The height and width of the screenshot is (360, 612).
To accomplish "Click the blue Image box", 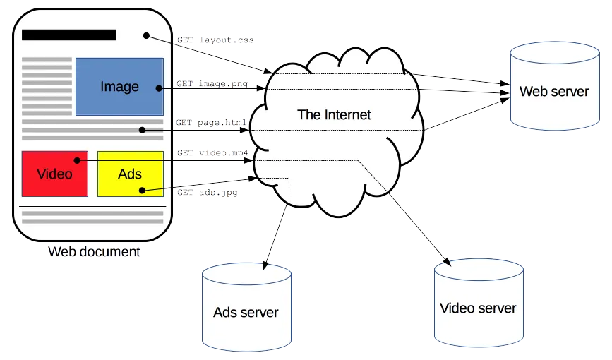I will pos(119,87).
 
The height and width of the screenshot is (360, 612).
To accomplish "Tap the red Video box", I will pos(55,174).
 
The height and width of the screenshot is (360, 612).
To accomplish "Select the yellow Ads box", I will pos(130,174).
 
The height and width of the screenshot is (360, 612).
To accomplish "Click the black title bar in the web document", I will pos(69,35).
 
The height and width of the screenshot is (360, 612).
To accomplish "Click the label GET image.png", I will pos(211,84).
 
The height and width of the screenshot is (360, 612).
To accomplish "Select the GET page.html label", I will pos(211,123).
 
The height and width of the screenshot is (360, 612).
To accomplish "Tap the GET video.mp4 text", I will pos(211,153).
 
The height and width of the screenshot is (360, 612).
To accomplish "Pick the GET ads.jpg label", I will pos(206,192).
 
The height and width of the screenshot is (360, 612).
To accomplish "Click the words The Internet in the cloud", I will pos(334,114).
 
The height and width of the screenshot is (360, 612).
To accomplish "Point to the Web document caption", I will pos(94,252).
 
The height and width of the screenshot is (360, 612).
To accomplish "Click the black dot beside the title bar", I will pos(145,35).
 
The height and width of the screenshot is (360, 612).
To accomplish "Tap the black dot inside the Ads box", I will pos(143,189).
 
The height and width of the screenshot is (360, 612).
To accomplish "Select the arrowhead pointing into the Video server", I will pos(446,263).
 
